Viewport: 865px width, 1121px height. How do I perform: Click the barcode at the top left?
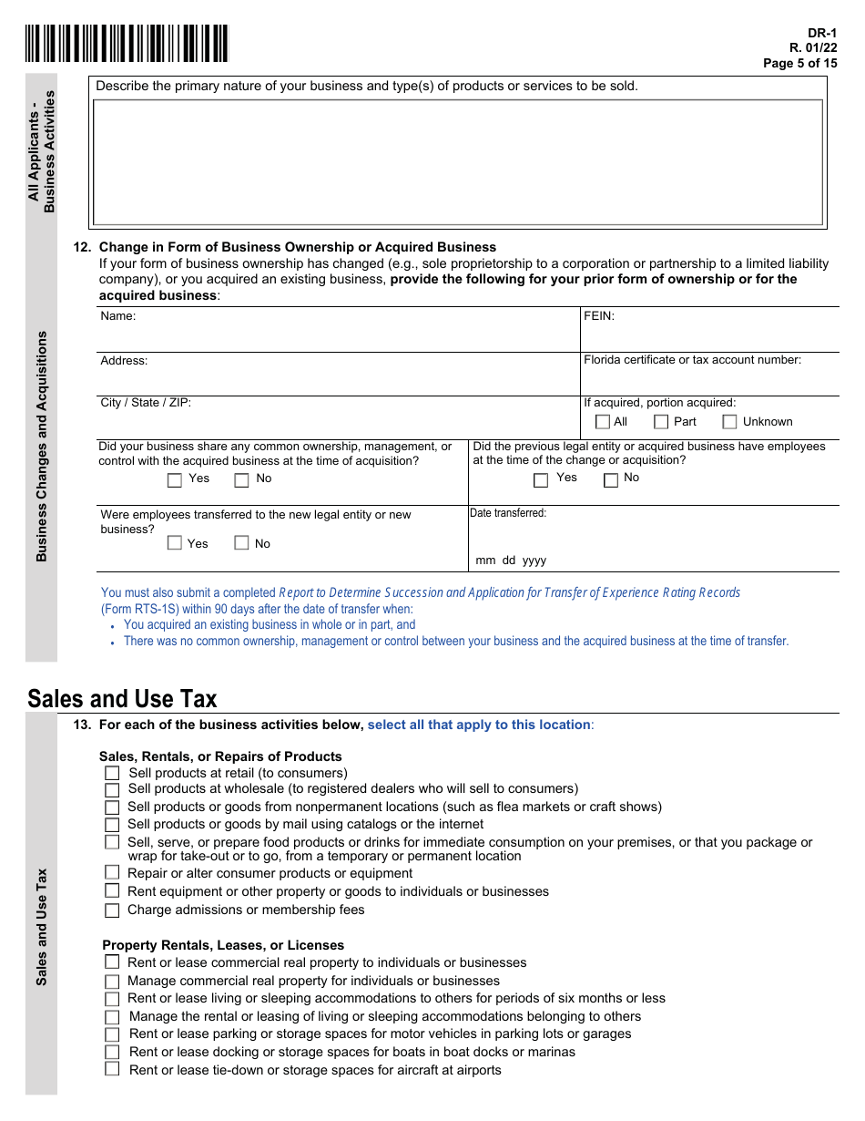pos(127,44)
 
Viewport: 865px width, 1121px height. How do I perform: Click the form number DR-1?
pos(822,32)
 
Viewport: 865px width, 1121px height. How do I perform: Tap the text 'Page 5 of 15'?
pos(799,63)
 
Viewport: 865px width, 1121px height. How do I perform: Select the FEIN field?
pos(709,330)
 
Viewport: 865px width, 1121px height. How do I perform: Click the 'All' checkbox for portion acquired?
pos(602,422)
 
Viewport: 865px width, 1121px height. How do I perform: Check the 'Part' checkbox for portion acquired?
pos(661,422)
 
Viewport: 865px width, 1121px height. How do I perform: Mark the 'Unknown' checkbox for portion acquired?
pos(729,422)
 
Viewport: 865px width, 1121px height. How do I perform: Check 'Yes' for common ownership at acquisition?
pos(175,479)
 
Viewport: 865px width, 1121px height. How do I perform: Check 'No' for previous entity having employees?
pos(611,479)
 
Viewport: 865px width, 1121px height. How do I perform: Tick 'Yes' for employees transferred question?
pos(175,543)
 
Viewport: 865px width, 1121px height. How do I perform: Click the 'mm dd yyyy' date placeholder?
pos(511,560)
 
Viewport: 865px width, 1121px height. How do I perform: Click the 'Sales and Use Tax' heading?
pos(122,699)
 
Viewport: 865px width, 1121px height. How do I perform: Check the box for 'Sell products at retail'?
pos(112,773)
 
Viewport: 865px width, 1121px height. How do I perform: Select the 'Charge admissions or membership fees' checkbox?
pos(112,910)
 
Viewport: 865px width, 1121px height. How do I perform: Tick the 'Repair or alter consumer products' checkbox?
pos(112,873)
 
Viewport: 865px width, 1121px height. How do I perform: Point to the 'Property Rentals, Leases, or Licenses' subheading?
pos(223,945)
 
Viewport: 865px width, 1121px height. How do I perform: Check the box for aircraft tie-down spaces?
pos(112,1070)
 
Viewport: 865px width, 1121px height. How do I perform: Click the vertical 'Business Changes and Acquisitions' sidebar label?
pos(41,446)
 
